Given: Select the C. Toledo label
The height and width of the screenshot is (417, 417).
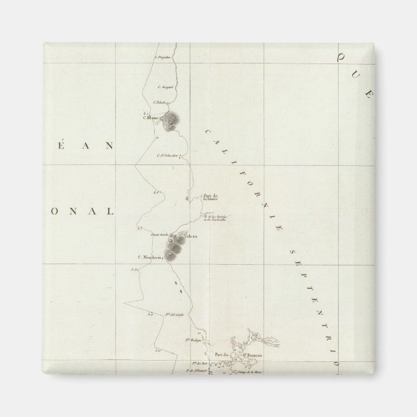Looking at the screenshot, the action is point(160,102).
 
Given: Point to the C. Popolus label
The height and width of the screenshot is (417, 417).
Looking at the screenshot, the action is point(161,57).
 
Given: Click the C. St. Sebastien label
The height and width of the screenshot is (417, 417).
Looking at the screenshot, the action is point(167,155).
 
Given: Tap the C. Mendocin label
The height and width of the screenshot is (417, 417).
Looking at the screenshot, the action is point(148,257).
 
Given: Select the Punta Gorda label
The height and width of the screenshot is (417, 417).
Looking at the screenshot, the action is point(159,234).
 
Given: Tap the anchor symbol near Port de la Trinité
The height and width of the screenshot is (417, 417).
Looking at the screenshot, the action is point(188,198).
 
